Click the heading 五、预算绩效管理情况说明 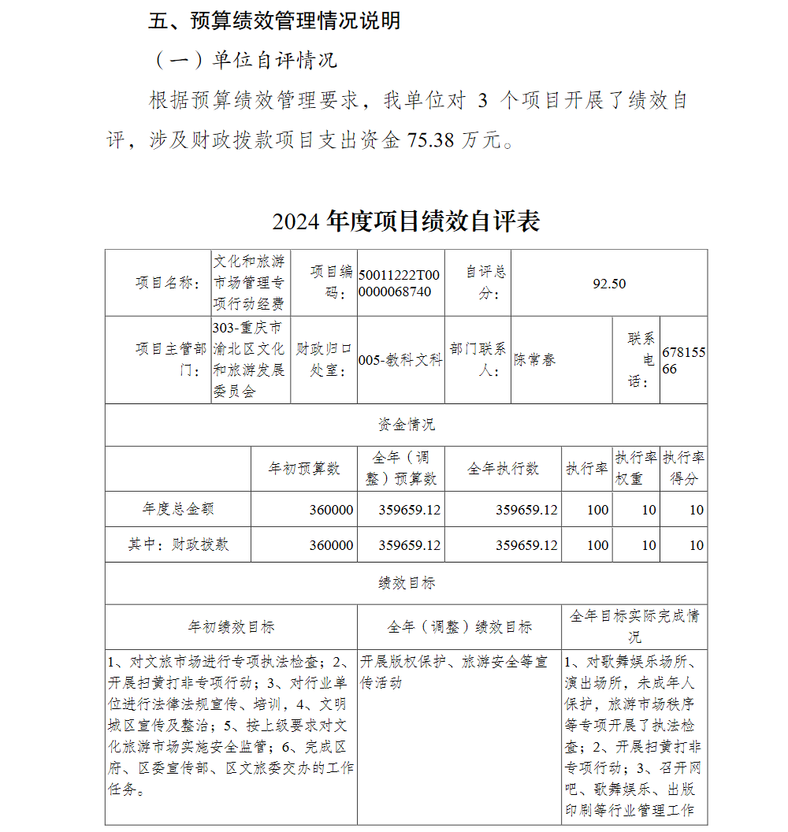pos(274,21)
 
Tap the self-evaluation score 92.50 pos(609,284)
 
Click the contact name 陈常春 pos(535,359)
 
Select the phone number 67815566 pos(683,360)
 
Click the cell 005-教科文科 pos(400,360)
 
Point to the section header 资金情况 pos(406,425)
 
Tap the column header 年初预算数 pos(304,469)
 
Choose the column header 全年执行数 pos(503,469)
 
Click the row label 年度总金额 pos(178,510)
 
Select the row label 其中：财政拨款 pos(178,544)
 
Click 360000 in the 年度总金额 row pos(331,510)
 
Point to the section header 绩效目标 pos(406,583)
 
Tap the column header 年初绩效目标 pos(231,627)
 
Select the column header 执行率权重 pos(637,469)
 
